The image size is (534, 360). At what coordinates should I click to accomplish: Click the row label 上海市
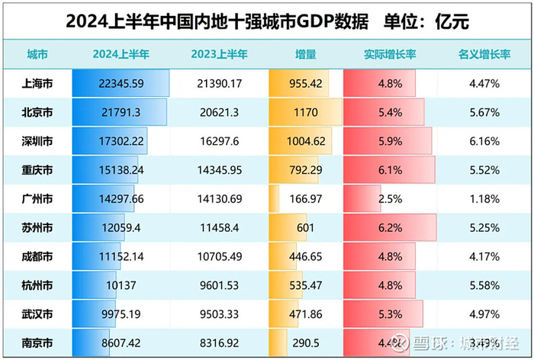click(36, 84)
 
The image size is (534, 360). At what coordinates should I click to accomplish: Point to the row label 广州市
click(36, 198)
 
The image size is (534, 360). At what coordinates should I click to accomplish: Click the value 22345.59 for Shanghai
click(120, 84)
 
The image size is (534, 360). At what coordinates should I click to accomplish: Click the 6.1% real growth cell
click(390, 169)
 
